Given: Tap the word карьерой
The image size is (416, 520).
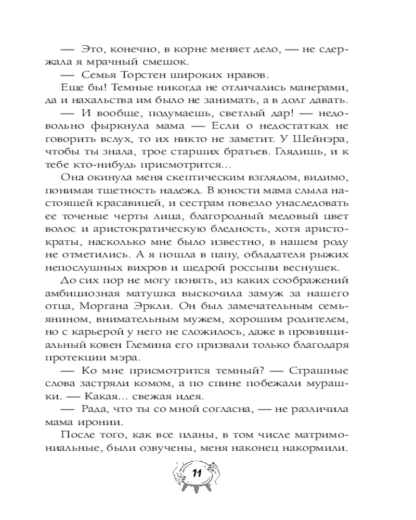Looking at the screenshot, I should [110, 321].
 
